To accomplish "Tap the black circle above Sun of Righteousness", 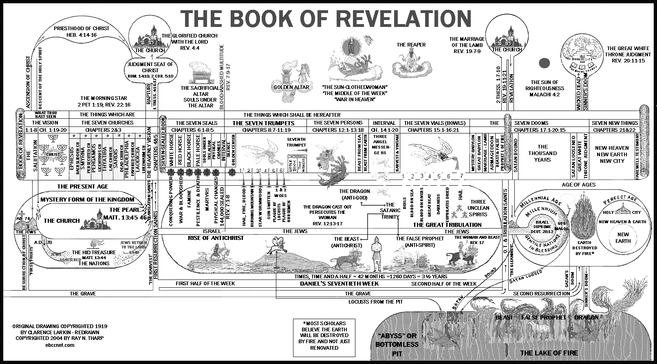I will click(x=544, y=63).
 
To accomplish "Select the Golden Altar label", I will click(x=291, y=87).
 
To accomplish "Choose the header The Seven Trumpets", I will click(x=263, y=123).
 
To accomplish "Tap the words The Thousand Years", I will click(x=542, y=153).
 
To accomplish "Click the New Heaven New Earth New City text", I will click(x=612, y=154).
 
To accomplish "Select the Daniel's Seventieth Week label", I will click(x=339, y=284).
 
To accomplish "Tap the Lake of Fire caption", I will click(x=549, y=353).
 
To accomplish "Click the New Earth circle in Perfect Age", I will click(x=623, y=237).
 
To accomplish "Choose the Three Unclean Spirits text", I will click(x=478, y=208).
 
